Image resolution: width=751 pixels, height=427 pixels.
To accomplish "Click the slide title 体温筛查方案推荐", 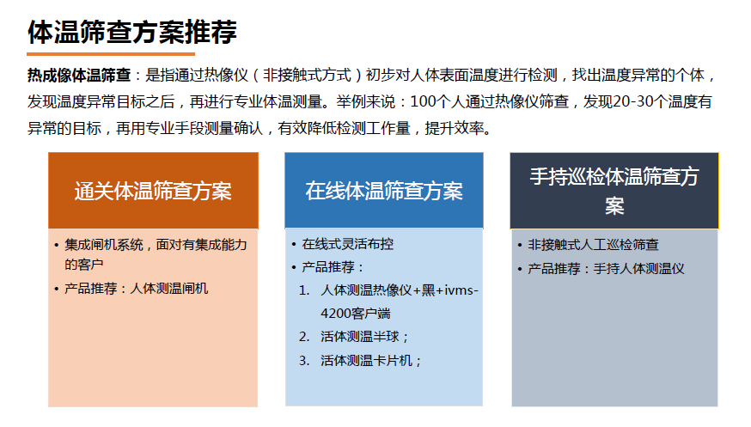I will pyautogui.click(x=132, y=32).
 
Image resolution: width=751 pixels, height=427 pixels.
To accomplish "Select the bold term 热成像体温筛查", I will pyautogui.click(x=79, y=76).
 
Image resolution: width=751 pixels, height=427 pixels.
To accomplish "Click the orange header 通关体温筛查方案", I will pyautogui.click(x=153, y=191).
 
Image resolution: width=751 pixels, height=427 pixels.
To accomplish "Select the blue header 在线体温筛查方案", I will pyautogui.click(x=383, y=191).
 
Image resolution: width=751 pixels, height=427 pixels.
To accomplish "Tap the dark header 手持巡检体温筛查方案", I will pyautogui.click(x=614, y=191).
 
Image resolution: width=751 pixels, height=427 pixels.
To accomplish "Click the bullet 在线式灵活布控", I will pyautogui.click(x=348, y=244).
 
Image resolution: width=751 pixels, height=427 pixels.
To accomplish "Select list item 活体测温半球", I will pyautogui.click(x=365, y=336).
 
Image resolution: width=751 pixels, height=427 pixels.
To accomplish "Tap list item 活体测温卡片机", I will pyautogui.click(x=371, y=360).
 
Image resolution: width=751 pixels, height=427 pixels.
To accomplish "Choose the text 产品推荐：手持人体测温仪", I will pyautogui.click(x=606, y=269).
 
